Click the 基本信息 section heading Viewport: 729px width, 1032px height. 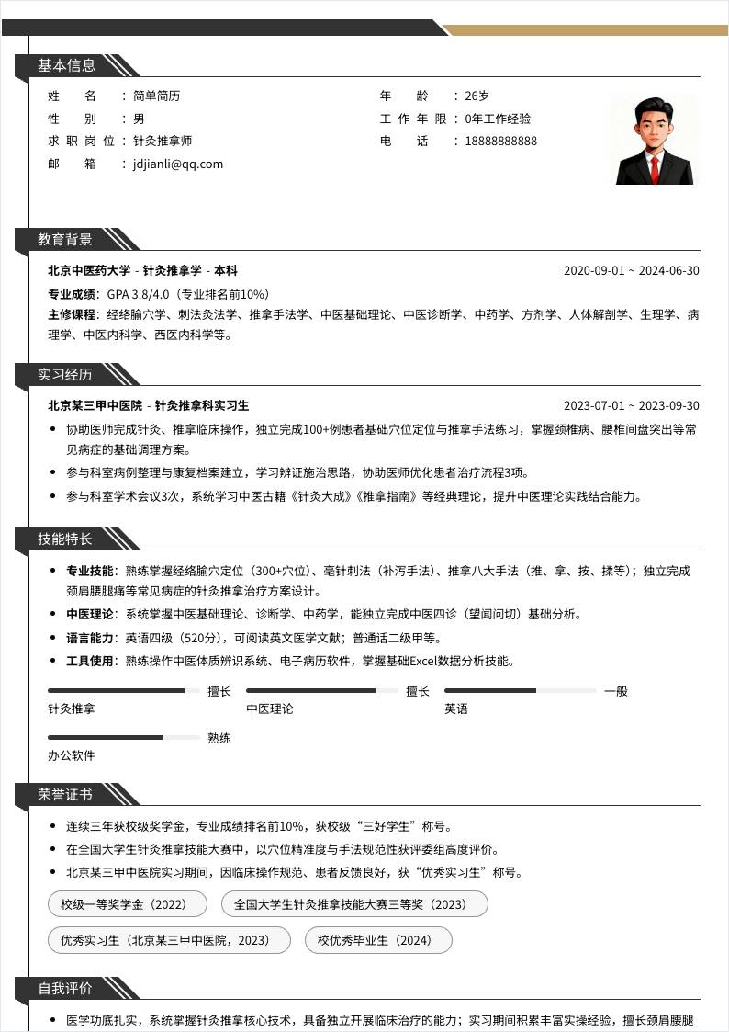(66, 65)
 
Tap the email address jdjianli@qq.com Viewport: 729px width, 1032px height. (178, 164)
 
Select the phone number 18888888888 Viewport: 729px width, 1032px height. (500, 142)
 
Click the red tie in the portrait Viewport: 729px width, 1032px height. (655, 167)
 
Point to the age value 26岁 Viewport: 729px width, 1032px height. (477, 96)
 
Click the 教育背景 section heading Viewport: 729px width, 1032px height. (65, 240)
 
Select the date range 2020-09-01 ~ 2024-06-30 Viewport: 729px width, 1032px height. (631, 271)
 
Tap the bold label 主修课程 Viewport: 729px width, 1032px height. (72, 315)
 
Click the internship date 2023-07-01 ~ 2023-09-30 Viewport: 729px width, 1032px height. (631, 406)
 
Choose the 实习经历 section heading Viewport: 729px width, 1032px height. (65, 375)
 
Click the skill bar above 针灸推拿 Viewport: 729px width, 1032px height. (123, 690)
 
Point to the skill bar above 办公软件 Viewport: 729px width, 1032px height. (123, 737)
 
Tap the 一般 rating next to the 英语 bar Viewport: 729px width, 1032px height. (615, 691)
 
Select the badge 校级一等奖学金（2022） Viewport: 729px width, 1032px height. (123, 904)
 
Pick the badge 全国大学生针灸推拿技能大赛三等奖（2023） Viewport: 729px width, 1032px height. (354, 904)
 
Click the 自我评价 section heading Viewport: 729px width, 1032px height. (65, 989)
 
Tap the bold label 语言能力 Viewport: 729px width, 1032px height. (89, 638)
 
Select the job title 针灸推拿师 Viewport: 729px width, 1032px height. (163, 142)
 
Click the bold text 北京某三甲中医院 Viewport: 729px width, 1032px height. (95, 406)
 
